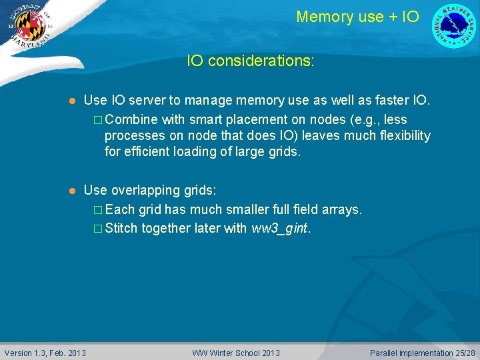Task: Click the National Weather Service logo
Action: point(455,25)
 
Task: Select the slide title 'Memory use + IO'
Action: point(357,17)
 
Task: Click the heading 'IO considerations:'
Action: point(251,61)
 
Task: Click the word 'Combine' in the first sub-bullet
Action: point(131,119)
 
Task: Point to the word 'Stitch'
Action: point(121,228)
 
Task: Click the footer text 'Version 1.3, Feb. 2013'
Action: point(45,353)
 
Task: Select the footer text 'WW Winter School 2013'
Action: point(236,353)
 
